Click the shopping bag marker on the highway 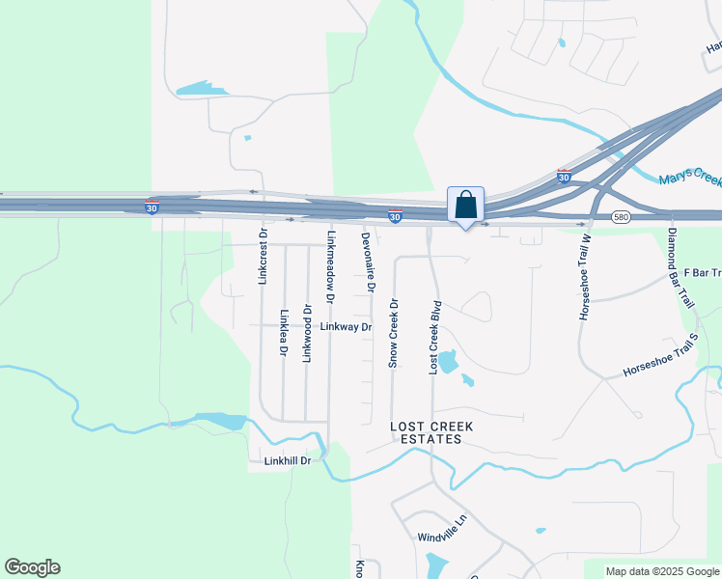coord(465,206)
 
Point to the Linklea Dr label coord(283,333)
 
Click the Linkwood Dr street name coord(307,334)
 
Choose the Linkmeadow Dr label coord(331,267)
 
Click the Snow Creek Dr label coord(392,333)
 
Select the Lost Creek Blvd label coord(436,337)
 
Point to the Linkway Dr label coord(346,327)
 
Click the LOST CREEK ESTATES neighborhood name coord(426,432)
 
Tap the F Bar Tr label coord(702,273)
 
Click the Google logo coord(32,567)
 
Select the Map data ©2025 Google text coord(662,571)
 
